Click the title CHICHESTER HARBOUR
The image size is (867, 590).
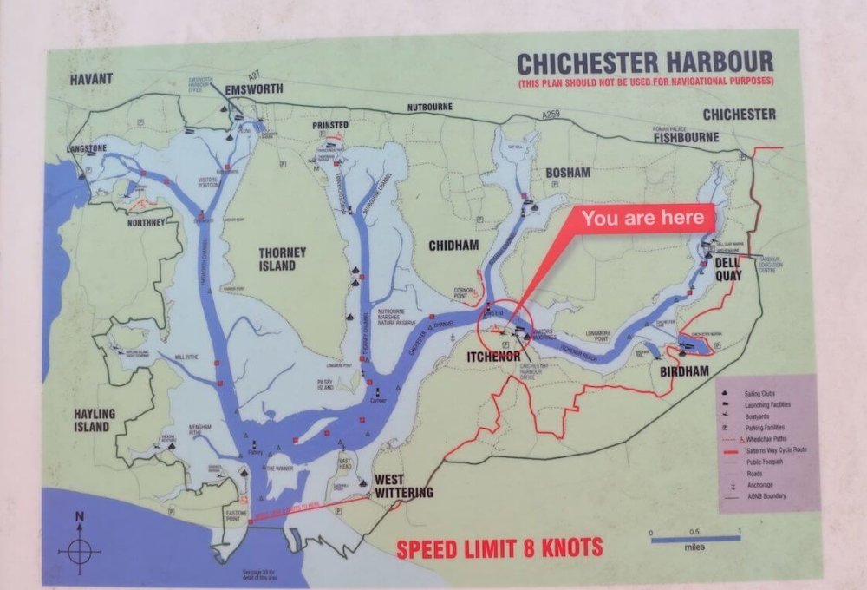coord(644,62)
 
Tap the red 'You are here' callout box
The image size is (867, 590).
coord(643,218)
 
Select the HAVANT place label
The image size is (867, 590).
coord(93,79)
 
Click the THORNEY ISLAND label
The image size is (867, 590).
coord(282,259)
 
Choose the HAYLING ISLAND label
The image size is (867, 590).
coord(90,421)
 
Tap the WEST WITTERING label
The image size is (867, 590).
coord(402,487)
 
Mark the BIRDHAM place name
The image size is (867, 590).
coord(684,371)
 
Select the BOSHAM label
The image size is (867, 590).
coord(567,173)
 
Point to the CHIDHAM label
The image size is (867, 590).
coord(453,246)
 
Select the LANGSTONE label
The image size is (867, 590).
coord(86,149)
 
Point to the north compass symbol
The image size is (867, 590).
coord(79,544)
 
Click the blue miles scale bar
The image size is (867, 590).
coord(696,539)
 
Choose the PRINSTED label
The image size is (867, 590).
coord(330,126)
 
